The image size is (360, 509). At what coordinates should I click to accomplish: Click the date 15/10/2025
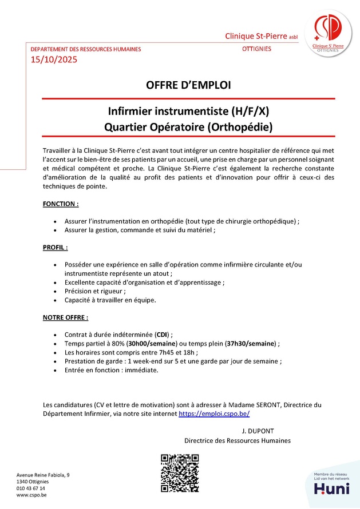point(53,59)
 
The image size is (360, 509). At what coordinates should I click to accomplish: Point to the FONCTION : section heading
point(61,204)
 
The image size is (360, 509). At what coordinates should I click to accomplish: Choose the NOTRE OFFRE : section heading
point(66,317)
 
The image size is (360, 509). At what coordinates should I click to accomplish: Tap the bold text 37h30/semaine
point(251,343)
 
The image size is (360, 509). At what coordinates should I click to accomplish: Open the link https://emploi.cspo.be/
point(214,413)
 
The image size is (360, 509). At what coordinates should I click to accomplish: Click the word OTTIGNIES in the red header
point(256,49)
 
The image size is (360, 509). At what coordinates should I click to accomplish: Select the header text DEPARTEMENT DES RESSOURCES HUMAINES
point(85,49)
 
